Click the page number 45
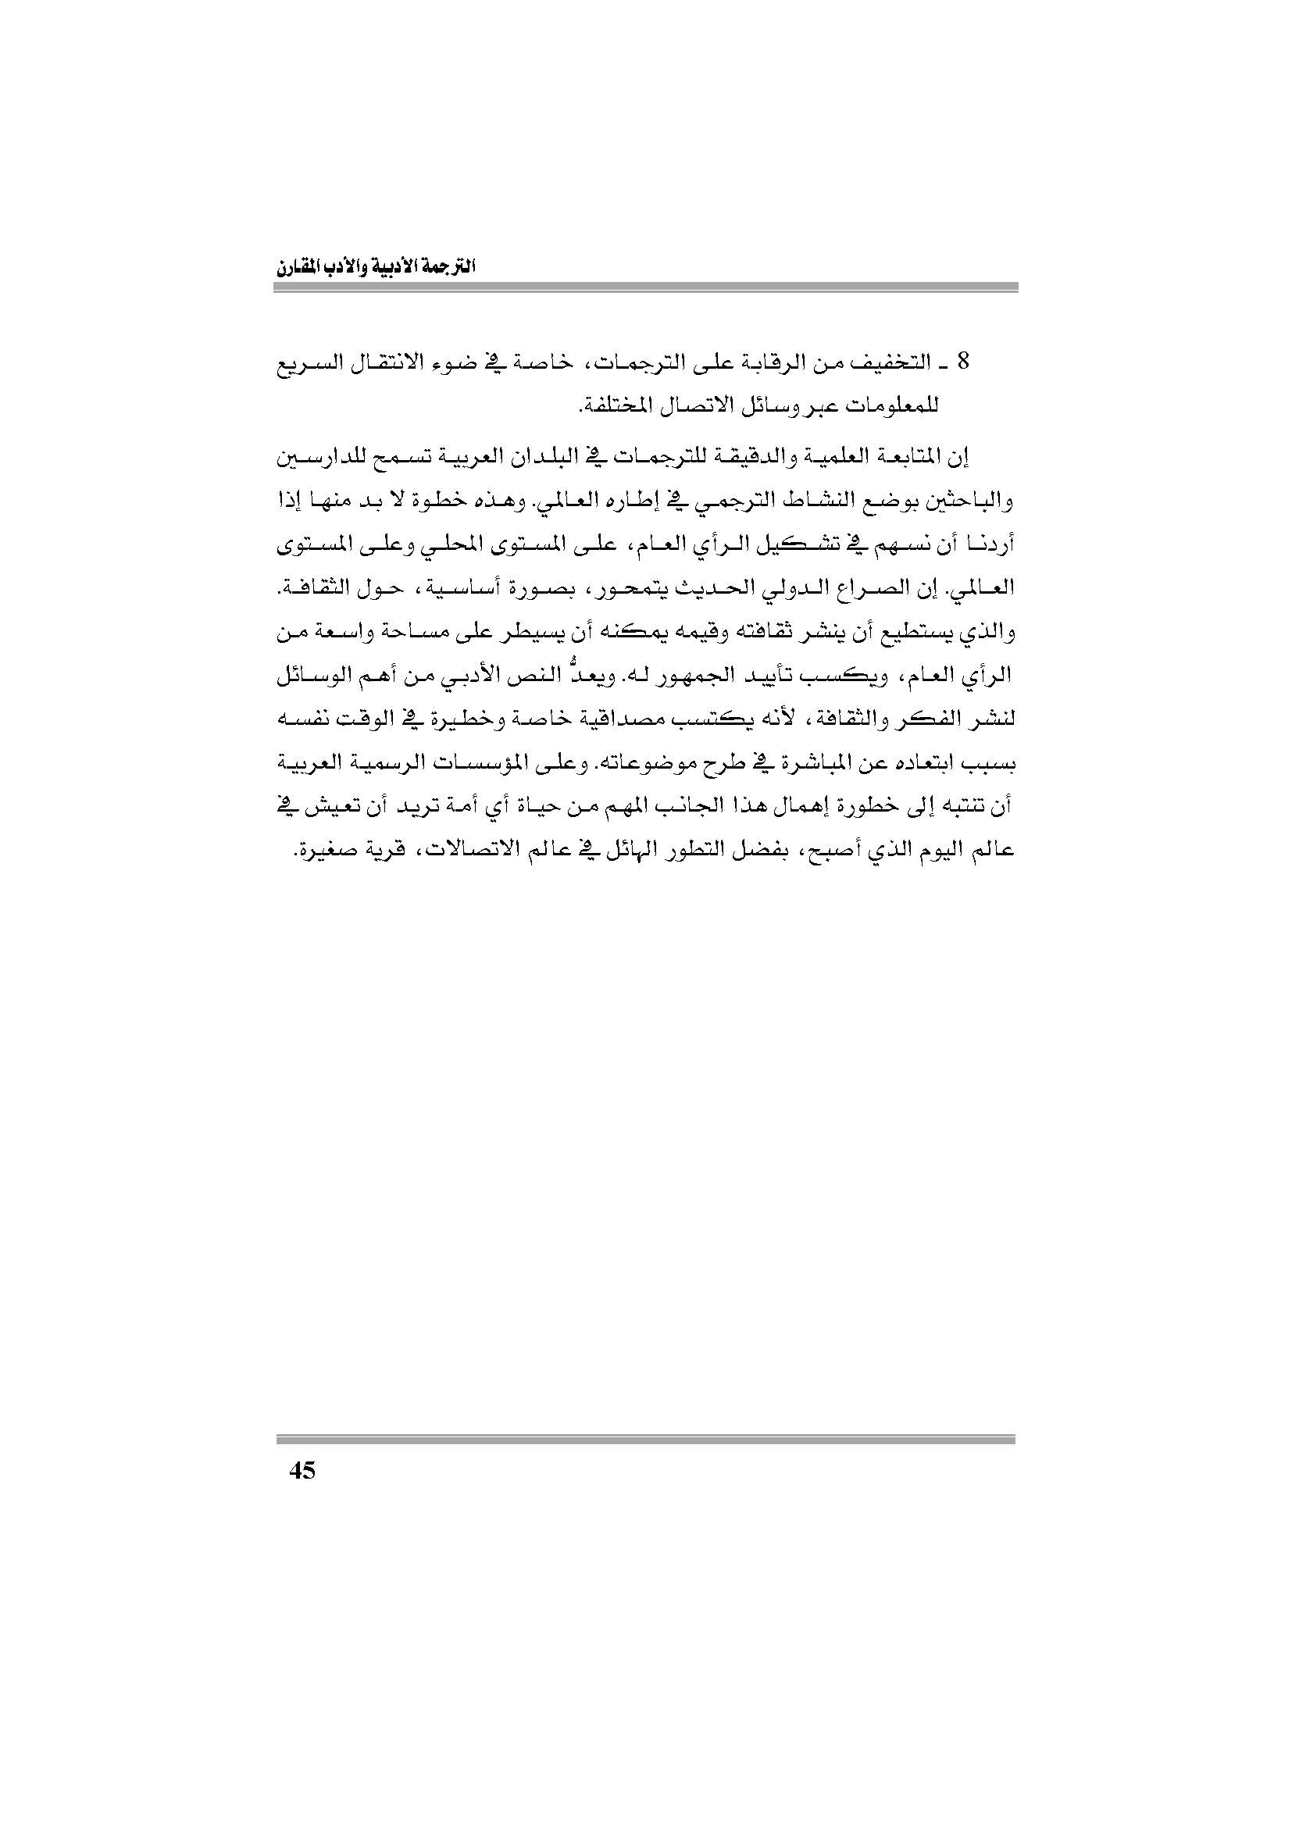point(302,1471)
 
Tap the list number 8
point(964,363)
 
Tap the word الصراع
point(861,590)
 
